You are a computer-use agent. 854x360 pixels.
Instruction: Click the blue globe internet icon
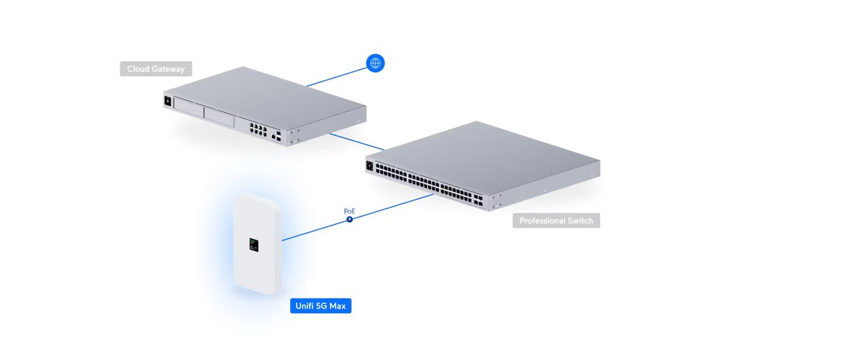[x=375, y=63]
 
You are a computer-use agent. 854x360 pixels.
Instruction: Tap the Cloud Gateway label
[x=155, y=69]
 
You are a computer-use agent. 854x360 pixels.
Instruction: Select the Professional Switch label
[x=556, y=220]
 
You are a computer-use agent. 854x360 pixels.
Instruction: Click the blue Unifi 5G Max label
[x=321, y=306]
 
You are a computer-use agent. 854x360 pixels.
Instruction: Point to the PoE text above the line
[x=350, y=211]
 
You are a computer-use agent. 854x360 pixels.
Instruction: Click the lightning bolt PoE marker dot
[x=350, y=219]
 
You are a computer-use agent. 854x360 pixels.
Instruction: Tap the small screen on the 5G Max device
[x=253, y=245]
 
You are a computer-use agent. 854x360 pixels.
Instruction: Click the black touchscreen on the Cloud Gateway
[x=168, y=101]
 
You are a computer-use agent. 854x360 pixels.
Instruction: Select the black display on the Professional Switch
[x=369, y=165]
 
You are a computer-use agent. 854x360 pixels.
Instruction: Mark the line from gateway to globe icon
[x=336, y=77]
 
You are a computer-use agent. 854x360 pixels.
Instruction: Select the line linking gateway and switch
[x=356, y=142]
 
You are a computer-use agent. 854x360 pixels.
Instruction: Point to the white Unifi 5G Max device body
[x=258, y=268]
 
